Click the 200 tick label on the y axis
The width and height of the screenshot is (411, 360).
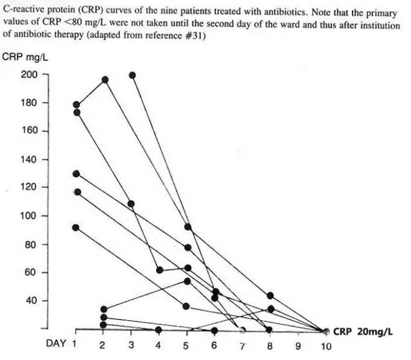click(x=30, y=74)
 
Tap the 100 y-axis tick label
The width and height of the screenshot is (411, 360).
click(x=30, y=216)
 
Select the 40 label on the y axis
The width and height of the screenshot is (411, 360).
click(x=32, y=301)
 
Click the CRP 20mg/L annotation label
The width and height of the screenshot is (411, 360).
click(x=363, y=331)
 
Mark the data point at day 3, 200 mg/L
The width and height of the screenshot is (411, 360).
click(x=132, y=75)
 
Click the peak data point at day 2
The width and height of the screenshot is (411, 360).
click(x=105, y=80)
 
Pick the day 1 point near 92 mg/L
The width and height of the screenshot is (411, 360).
click(x=76, y=227)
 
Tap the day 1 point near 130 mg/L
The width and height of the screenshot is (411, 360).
click(x=76, y=173)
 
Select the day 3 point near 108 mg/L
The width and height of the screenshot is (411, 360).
click(x=131, y=204)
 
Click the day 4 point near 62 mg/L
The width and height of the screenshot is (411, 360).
click(x=159, y=270)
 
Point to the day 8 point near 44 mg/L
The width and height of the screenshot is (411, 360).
click(x=270, y=296)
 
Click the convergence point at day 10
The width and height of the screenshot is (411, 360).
click(x=326, y=331)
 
